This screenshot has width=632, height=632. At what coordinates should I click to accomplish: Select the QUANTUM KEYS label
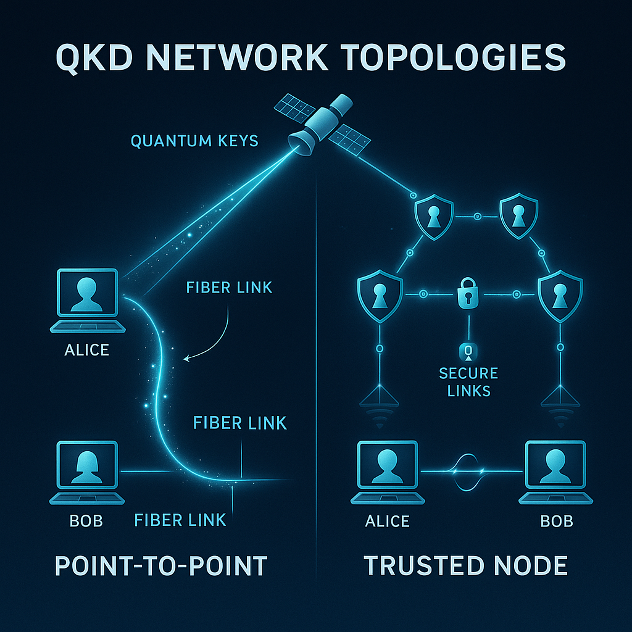pos(194,141)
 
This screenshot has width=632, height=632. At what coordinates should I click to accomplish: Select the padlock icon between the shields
pos(468,293)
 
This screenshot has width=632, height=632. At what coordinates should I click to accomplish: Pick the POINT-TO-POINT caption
pos(161,565)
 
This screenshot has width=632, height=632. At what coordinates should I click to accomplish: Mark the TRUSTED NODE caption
pos(466,565)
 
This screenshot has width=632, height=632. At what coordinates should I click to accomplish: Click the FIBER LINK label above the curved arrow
pos(229,287)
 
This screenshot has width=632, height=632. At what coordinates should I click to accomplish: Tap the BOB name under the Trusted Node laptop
pos(556,521)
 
